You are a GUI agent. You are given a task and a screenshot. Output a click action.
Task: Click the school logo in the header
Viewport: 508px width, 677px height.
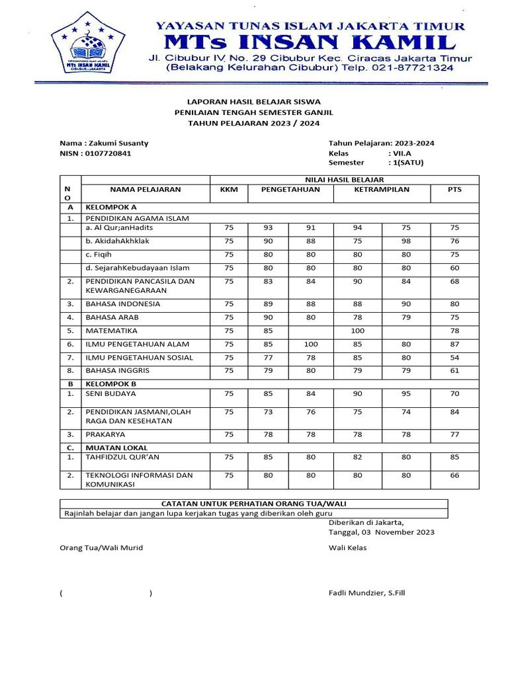click(x=90, y=45)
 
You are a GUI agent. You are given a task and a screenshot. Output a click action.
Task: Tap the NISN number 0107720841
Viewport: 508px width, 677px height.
click(x=107, y=153)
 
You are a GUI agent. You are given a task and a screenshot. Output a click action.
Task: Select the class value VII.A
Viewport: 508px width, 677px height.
click(x=402, y=153)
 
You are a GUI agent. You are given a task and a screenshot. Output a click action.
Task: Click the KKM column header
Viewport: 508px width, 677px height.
click(x=228, y=189)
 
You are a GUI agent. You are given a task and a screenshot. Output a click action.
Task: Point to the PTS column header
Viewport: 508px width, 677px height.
click(x=454, y=189)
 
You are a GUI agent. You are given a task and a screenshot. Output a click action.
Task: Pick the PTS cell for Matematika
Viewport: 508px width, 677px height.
click(x=454, y=331)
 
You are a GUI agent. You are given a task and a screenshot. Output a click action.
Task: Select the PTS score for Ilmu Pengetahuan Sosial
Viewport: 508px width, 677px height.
click(x=454, y=357)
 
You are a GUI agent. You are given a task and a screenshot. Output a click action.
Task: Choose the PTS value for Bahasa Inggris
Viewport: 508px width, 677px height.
click(x=454, y=370)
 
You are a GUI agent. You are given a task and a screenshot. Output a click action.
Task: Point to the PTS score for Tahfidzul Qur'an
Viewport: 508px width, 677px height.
click(x=454, y=457)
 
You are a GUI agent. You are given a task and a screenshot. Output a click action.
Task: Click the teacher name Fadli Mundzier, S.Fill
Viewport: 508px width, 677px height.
click(x=366, y=592)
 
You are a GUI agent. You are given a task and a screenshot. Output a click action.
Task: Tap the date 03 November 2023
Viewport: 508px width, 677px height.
click(x=397, y=532)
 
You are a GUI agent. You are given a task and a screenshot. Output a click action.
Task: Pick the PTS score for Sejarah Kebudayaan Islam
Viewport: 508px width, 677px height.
click(x=454, y=268)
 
